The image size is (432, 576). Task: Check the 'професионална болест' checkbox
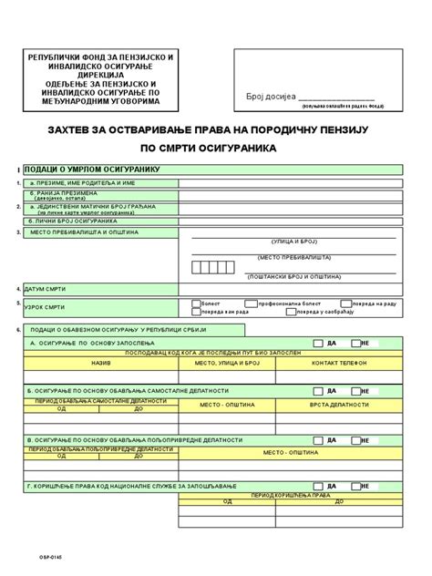[251, 302]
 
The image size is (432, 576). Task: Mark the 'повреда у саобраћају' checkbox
[291, 312]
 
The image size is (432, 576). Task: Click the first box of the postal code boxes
[197, 267]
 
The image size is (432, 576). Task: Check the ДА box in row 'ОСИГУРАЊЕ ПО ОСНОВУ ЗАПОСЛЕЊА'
[316, 344]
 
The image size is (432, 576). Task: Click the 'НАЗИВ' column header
[76, 362]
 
